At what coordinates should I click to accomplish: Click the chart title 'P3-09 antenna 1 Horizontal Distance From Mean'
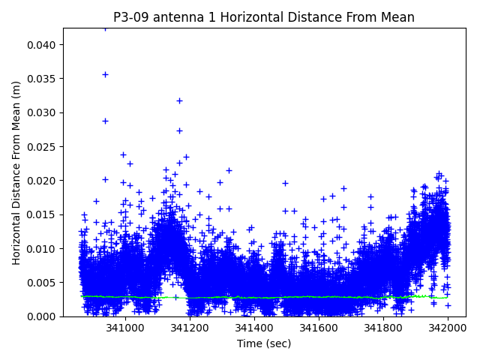point(264,17)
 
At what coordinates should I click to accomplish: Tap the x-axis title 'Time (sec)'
point(264,343)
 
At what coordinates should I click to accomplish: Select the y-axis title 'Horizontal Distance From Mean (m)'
point(16,172)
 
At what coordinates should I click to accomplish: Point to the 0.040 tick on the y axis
point(43,45)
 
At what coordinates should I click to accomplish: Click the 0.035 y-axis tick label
point(43,79)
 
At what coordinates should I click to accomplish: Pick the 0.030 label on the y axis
point(43,112)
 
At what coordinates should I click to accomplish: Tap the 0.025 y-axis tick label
point(43,147)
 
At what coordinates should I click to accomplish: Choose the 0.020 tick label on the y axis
point(43,181)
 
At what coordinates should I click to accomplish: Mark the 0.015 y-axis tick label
point(43,214)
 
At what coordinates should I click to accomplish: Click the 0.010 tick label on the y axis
point(43,249)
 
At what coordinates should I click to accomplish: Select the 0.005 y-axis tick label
point(43,283)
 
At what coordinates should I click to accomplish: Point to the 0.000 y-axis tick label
point(43,316)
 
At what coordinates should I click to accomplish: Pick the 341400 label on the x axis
point(254,328)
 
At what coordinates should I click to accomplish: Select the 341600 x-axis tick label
point(319,328)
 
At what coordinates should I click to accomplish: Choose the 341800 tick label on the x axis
point(384,328)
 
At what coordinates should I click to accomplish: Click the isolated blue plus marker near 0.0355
point(105,74)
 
